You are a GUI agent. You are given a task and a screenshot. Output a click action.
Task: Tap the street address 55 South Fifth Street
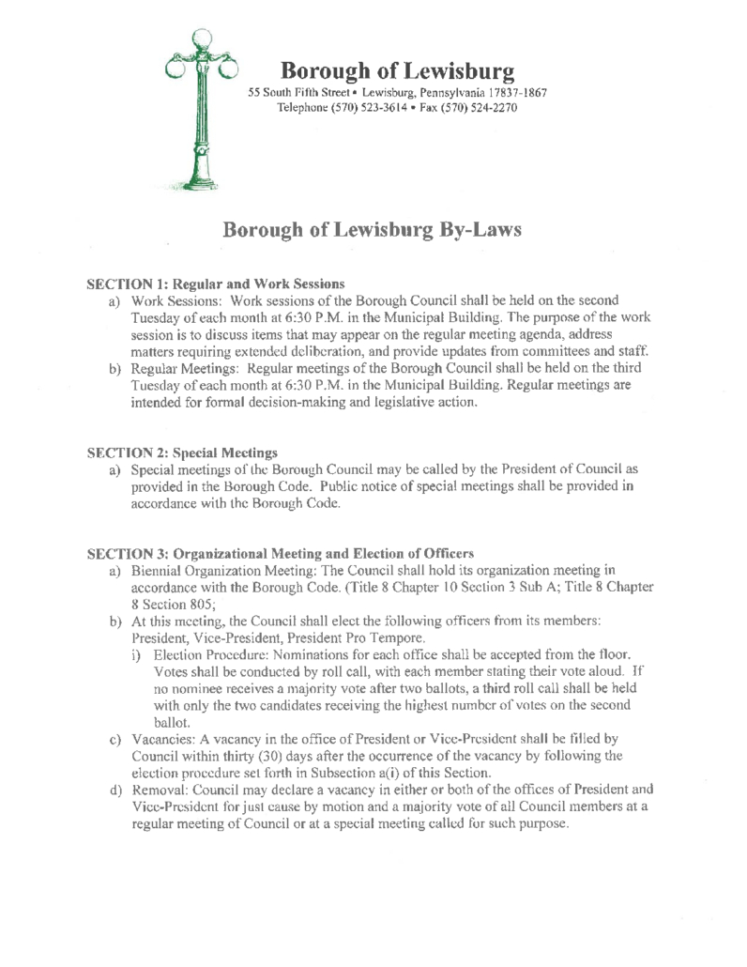[x=297, y=94]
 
